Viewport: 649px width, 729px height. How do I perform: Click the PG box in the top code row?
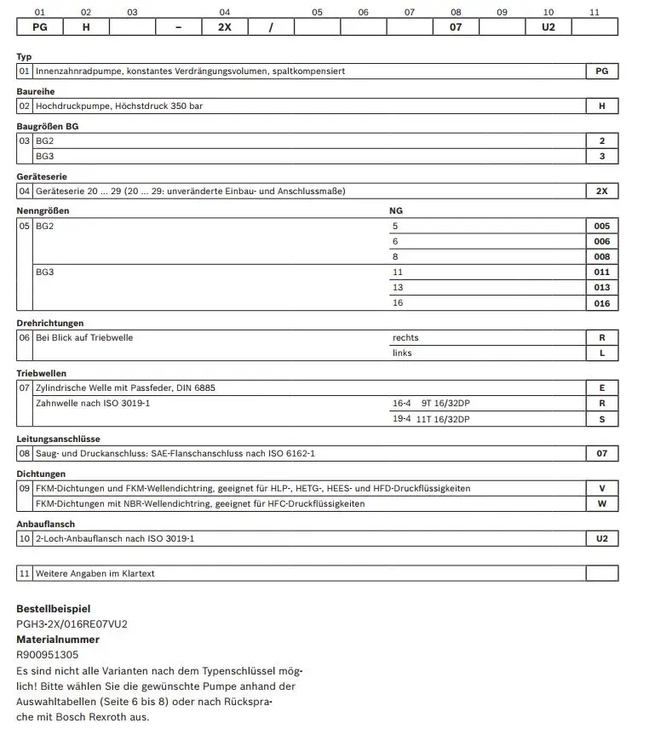40,26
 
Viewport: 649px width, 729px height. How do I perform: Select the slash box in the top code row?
271,26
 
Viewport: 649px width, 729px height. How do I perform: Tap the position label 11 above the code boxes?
594,12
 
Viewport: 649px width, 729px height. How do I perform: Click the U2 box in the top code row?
548,26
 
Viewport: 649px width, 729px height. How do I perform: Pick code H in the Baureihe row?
602,106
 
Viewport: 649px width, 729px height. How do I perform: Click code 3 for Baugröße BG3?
602,157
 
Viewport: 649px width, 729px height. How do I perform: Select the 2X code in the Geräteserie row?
602,192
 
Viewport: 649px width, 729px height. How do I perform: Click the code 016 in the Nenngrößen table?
602,303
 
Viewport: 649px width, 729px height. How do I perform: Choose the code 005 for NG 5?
602,227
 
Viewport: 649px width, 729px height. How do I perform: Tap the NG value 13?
398,288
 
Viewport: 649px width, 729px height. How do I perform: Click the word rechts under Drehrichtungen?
405,337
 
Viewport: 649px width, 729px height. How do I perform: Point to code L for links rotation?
602,353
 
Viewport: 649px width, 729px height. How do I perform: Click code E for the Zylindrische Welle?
602,387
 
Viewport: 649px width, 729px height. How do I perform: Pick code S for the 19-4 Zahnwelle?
602,419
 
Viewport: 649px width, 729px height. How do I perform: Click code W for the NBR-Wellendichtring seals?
602,503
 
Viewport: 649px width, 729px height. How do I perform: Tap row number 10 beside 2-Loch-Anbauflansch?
25,539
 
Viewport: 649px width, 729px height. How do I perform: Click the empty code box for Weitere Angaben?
602,573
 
